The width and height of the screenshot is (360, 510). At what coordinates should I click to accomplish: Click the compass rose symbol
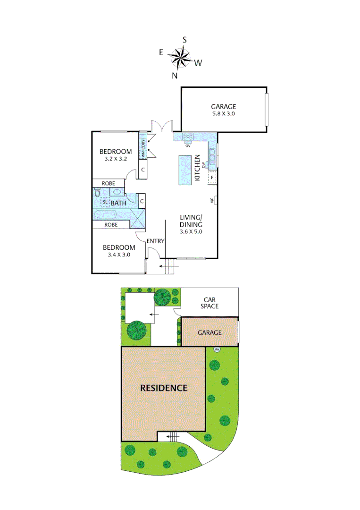[x=179, y=58]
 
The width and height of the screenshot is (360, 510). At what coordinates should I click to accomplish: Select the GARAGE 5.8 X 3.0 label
[x=223, y=110]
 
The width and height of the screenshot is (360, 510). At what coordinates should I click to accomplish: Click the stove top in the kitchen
[x=188, y=137]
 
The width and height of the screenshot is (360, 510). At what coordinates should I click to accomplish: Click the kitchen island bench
[x=185, y=170]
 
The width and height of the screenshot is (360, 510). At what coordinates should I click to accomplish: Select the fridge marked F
[x=212, y=178]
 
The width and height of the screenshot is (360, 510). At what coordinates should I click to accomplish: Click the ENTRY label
[x=155, y=241]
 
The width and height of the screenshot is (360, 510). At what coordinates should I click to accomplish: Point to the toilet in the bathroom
[x=97, y=193]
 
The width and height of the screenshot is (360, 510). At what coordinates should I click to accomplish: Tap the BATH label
[x=118, y=203]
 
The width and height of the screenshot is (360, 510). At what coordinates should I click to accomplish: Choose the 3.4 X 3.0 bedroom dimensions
[x=119, y=255]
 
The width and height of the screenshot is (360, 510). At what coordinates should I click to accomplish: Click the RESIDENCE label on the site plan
[x=164, y=388]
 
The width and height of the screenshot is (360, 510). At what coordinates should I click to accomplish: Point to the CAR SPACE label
[x=210, y=303]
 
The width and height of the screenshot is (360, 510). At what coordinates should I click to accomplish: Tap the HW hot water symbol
[x=217, y=349]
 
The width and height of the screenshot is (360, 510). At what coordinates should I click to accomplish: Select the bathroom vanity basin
[x=116, y=192]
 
